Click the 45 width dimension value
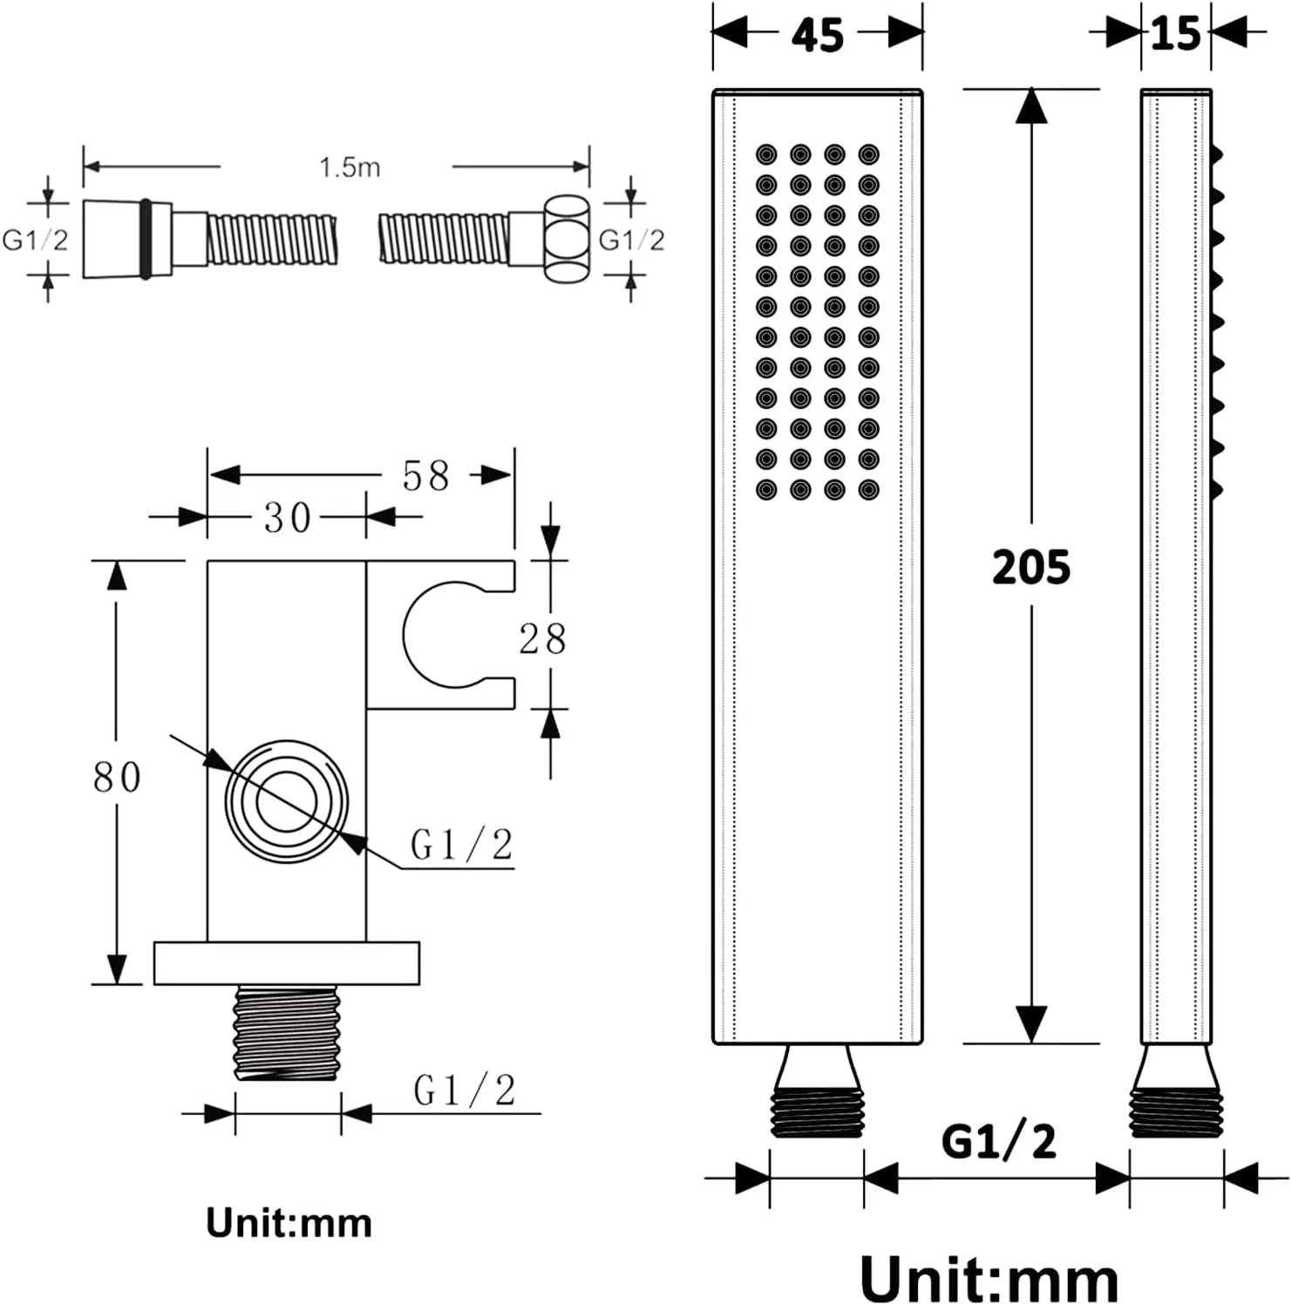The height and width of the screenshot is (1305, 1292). [818, 35]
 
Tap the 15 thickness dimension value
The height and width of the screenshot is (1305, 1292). [1176, 33]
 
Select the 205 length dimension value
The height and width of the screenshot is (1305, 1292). [1031, 568]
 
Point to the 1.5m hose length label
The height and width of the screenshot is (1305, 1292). [350, 167]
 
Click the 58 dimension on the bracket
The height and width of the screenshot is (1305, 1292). [425, 476]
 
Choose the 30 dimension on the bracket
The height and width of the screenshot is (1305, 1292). [288, 518]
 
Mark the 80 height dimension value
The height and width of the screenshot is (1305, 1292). [117, 777]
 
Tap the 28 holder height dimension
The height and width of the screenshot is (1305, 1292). [542, 639]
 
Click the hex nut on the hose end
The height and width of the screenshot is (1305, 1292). [567, 239]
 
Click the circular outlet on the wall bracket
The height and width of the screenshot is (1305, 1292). [287, 802]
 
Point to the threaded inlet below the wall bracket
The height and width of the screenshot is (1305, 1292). [286, 1033]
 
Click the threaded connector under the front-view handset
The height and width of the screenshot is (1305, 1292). [817, 1091]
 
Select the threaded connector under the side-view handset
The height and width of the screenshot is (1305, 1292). [1177, 1091]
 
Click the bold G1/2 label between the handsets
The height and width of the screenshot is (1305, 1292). [999, 1141]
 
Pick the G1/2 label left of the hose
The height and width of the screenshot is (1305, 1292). [35, 240]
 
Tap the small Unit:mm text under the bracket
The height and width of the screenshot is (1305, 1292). [289, 1223]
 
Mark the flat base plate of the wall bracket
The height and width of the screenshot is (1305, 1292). [287, 963]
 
